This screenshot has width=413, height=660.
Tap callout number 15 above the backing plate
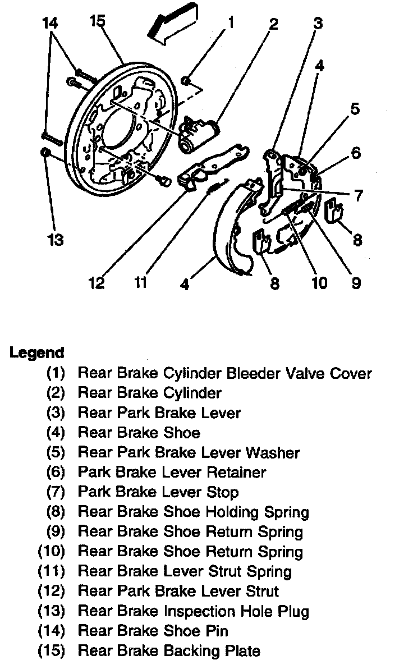tap(97, 21)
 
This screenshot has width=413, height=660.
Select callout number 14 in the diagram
tap(50, 23)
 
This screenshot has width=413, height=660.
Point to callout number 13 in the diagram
tap(54, 240)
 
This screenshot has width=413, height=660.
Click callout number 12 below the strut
tap(97, 282)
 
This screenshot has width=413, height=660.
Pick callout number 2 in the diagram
tap(273, 24)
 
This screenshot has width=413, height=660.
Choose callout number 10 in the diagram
tap(319, 282)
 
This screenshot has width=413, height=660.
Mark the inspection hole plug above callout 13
tap(44, 153)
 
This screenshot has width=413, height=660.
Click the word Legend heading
tap(37, 353)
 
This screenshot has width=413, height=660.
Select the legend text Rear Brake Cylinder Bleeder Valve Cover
tap(224, 373)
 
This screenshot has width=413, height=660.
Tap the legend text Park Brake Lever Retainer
tap(172, 473)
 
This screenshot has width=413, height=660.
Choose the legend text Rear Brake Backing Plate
tap(169, 651)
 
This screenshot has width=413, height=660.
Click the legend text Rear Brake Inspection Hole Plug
tap(193, 611)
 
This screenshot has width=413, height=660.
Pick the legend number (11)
tap(52, 572)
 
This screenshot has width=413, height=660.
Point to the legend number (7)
tap(56, 492)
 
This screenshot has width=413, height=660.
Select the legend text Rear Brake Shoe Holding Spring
tap(193, 512)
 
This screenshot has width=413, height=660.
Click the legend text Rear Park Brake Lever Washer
tap(189, 452)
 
